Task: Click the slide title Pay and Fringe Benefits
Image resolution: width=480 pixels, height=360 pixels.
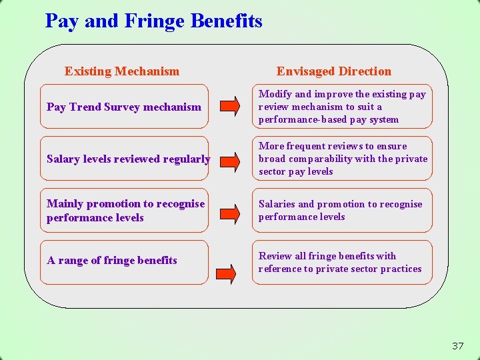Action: tap(153, 21)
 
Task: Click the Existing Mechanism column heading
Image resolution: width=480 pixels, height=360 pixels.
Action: tap(122, 71)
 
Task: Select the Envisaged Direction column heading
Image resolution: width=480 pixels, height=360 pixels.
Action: tap(334, 71)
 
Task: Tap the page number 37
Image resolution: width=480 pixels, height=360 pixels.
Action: tap(457, 345)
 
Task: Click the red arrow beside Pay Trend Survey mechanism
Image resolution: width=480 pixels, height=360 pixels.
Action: tap(229, 106)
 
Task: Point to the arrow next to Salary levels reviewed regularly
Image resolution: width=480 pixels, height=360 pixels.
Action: tap(229, 160)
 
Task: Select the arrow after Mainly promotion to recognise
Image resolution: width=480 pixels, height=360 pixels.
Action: tap(229, 213)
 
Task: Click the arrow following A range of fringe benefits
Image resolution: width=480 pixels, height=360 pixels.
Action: tap(227, 272)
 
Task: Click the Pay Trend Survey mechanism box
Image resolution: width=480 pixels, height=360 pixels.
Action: tap(124, 107)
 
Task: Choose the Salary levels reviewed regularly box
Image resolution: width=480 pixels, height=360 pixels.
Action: tap(124, 159)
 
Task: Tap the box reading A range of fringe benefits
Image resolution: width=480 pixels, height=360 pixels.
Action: tap(124, 261)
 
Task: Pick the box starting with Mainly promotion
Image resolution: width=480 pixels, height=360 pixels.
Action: tap(124, 211)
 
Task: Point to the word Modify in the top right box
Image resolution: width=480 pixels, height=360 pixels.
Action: tap(275, 94)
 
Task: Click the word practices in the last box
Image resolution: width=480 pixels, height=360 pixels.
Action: tap(402, 269)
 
